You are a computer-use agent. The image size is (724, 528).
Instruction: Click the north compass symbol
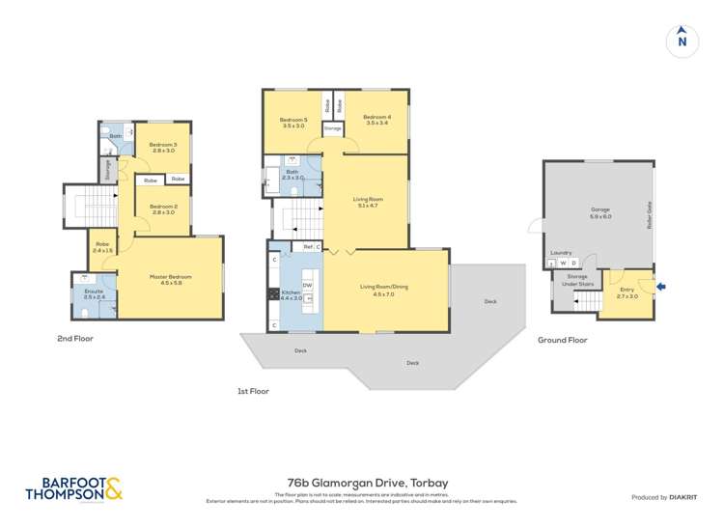point(682,41)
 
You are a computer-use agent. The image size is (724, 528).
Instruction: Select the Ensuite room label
point(94,294)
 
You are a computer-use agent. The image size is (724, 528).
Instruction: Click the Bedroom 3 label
point(162,148)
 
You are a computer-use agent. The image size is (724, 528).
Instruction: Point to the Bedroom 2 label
point(162,209)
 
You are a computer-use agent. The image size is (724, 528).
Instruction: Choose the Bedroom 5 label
point(293,122)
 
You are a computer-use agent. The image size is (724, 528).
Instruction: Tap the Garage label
point(600,213)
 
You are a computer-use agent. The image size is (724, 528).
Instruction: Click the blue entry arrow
point(660,285)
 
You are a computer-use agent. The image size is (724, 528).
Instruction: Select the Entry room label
point(627,293)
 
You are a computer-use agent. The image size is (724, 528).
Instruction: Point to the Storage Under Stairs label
point(570,279)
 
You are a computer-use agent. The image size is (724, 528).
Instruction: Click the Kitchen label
point(291,295)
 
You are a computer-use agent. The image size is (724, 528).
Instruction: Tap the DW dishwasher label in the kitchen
point(307,285)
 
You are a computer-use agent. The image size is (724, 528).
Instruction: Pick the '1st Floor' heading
point(252,391)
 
